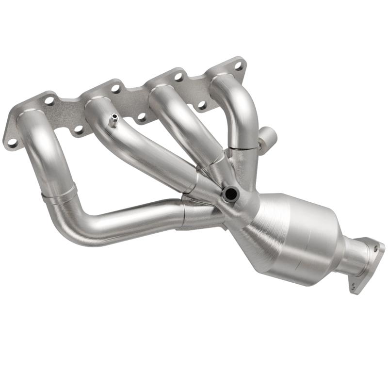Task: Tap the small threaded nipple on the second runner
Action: click(113, 119)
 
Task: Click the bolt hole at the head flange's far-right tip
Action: click(238, 64)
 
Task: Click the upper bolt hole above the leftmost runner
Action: click(49, 101)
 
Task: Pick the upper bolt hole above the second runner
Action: click(115, 88)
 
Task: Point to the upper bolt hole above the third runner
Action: click(178, 76)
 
